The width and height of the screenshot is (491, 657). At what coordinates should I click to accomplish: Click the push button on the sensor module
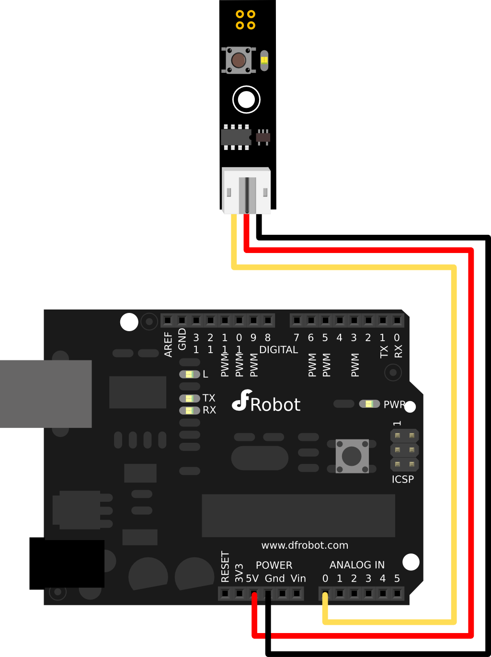(239, 60)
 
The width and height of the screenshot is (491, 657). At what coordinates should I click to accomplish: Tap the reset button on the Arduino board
(352, 456)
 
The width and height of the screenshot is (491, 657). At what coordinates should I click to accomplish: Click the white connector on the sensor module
(246, 190)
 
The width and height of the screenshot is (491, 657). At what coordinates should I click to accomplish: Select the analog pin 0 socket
(325, 594)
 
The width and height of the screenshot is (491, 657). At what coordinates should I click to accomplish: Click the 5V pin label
(252, 578)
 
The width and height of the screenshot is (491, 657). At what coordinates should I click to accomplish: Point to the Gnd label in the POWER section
(275, 578)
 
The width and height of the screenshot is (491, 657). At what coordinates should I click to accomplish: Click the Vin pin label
(298, 578)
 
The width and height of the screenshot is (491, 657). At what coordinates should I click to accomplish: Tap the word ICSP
(402, 479)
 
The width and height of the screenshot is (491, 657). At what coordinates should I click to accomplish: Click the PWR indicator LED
(369, 404)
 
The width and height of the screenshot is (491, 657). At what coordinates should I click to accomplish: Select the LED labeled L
(189, 374)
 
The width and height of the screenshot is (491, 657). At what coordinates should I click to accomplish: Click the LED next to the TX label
(189, 398)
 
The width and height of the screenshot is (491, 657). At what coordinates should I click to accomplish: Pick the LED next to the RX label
(189, 410)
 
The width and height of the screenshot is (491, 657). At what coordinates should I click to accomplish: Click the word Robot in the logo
(275, 405)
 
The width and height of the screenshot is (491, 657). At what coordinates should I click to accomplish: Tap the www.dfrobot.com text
(305, 545)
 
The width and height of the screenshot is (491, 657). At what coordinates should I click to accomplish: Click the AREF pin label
(168, 344)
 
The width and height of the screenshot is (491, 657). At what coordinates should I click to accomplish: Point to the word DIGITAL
(278, 350)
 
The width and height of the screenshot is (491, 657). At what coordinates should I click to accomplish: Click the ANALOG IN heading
(357, 565)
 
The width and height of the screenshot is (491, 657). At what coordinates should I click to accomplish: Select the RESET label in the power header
(225, 566)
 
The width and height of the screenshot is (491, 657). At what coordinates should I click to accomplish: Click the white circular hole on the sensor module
(246, 100)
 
